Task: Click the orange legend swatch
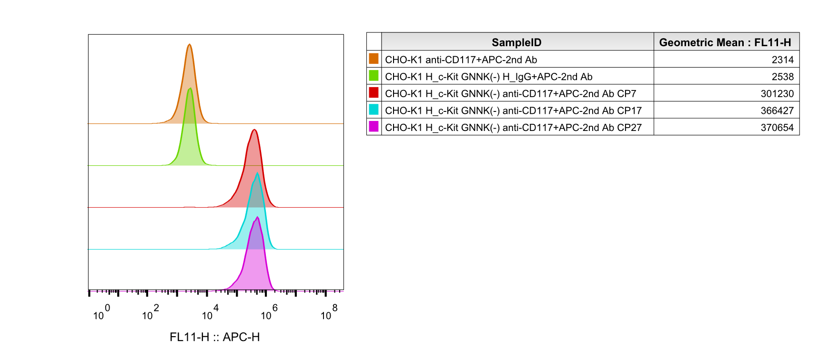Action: tap(374, 59)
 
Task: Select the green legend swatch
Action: tap(374, 75)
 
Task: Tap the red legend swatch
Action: tap(374, 92)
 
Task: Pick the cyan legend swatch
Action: tap(374, 109)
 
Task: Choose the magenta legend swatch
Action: tap(374, 126)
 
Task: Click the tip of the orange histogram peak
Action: tap(190, 44)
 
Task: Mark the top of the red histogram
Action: tap(254, 130)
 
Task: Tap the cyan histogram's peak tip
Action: tap(258, 173)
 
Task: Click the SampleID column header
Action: tap(516, 42)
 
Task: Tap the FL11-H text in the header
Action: tap(772, 42)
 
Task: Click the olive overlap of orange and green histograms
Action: tap(190, 110)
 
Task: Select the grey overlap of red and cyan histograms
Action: tap(256, 195)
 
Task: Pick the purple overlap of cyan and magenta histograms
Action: tap(256, 236)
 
